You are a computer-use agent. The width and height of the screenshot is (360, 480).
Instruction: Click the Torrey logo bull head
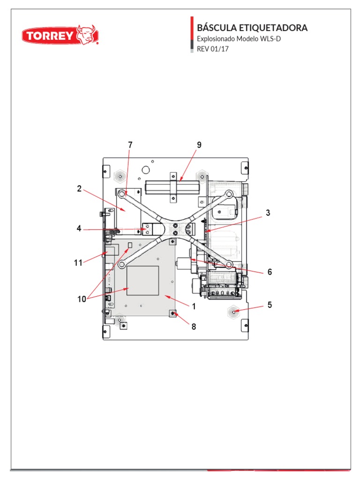click(x=87, y=34)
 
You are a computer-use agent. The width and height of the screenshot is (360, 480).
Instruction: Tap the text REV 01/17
click(x=212, y=48)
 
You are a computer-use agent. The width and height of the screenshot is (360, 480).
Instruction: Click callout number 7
click(x=130, y=145)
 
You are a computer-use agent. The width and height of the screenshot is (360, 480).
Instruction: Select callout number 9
click(x=199, y=145)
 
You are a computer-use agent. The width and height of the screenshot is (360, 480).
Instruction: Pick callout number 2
click(x=79, y=189)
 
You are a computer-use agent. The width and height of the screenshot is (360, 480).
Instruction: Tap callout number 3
click(x=268, y=213)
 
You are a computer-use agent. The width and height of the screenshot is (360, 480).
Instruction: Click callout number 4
click(x=79, y=229)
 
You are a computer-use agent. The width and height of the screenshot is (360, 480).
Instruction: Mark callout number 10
click(x=82, y=299)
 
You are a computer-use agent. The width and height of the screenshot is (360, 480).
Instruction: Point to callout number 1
click(x=193, y=306)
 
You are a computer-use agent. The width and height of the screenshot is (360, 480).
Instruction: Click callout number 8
click(x=193, y=327)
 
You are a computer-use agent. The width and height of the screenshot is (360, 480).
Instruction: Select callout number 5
click(x=270, y=305)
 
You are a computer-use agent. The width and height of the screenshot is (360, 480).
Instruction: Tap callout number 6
click(x=270, y=272)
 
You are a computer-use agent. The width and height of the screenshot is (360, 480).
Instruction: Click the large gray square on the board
click(x=143, y=280)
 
